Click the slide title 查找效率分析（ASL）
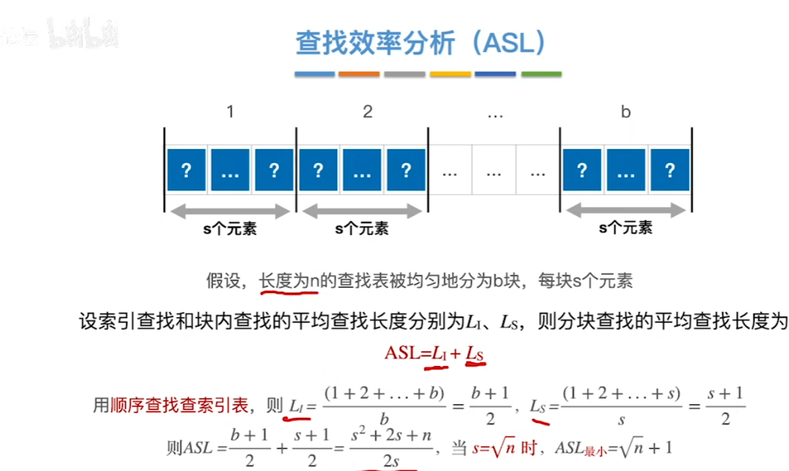point(421,44)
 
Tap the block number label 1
point(230,112)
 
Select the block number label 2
point(368,112)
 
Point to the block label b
point(625,112)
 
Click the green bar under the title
point(541,75)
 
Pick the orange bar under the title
point(359,75)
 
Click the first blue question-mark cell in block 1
point(186,170)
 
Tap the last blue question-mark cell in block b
point(669,170)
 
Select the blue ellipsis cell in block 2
point(362,170)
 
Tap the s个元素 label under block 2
point(362,229)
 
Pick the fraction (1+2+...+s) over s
point(622,406)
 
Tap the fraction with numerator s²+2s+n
point(391,447)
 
